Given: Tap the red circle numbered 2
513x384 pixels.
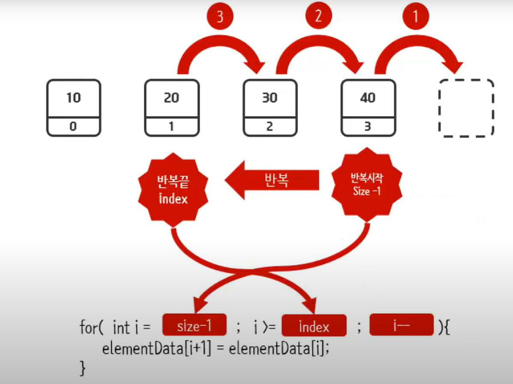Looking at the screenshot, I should pos(318,17).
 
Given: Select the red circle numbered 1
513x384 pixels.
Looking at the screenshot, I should pos(415,17).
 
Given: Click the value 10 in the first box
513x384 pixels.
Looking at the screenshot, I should pos(73,98).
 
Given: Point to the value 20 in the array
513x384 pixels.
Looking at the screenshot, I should pos(171,98).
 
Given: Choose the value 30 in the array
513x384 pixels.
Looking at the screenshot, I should pos(270,98).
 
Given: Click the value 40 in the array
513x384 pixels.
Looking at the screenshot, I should pos(368,98).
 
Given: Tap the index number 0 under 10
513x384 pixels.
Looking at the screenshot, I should pos(73,127).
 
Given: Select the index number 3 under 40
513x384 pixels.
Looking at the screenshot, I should pos(368,127).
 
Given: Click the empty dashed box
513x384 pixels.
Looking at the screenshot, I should pos(466,108).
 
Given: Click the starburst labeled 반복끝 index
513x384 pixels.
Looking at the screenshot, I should pos(173,187).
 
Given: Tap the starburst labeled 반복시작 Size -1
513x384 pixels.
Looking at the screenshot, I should pos(367,185).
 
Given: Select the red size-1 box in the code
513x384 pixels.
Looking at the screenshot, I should pos(195,327).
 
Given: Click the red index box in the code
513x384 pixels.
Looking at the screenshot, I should pos(314,327).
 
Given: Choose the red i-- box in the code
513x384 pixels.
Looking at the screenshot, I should pos(402,326).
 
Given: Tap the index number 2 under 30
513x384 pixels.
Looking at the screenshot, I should pos(270,127).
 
